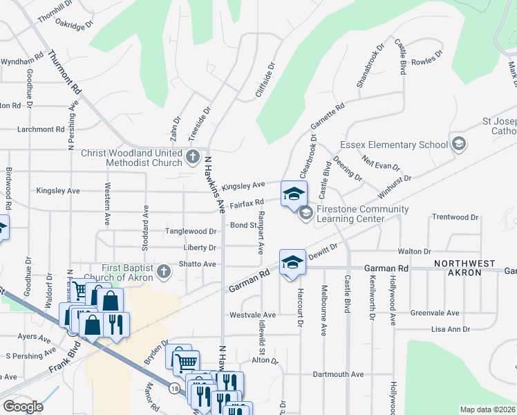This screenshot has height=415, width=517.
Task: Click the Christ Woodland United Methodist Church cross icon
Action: coord(193,158)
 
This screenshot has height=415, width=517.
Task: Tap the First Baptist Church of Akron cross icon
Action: coord(163,270)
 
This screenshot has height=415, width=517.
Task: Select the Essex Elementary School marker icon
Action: coord(458,145)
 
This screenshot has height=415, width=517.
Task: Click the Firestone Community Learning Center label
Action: coord(362,214)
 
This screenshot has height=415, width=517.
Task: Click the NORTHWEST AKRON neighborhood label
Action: coord(464,268)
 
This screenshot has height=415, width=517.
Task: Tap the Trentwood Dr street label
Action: coord(455,217)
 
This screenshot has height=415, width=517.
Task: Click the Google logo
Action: coord(23,407)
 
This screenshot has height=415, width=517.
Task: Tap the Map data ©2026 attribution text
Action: coord(487,409)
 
